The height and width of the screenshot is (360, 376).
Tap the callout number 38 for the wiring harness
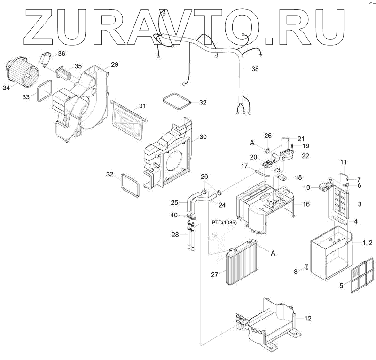[x=255, y=69]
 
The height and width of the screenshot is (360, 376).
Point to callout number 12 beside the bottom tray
[x=308, y=319]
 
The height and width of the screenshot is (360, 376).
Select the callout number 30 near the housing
[x=203, y=137]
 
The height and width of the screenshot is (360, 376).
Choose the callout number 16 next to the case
[x=306, y=204]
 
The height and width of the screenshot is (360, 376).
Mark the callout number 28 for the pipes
[x=175, y=234]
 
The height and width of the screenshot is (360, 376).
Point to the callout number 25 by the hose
[x=174, y=203]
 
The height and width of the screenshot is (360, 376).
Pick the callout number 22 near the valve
[x=305, y=156]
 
